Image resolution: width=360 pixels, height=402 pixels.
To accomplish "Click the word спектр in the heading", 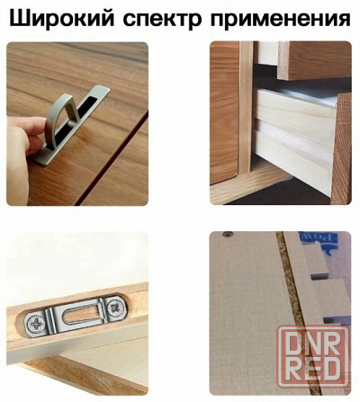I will click(x=160, y=18).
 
